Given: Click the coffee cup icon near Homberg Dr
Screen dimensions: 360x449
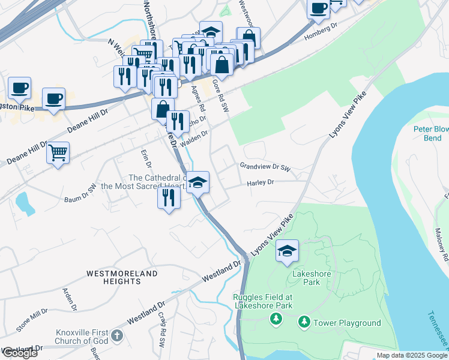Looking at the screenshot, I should (318, 8).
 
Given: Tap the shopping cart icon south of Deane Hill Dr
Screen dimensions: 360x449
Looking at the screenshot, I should (58, 154).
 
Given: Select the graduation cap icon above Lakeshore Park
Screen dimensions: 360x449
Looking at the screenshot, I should (288, 251).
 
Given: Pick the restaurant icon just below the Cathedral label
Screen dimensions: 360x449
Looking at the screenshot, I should (169, 197).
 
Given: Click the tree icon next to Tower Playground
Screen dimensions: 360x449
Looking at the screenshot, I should (304, 323).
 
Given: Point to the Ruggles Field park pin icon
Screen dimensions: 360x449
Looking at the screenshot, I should (276, 317).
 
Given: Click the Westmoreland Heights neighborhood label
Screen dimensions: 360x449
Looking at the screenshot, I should (122, 277).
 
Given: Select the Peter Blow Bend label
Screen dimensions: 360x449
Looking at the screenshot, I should (431, 133).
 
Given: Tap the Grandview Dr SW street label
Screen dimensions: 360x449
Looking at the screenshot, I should (265, 166).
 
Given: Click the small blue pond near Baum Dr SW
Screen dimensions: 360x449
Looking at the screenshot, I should (25, 204).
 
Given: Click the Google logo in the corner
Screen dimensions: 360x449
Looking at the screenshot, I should (19, 353).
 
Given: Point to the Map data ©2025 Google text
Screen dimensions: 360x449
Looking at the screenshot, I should (411, 355).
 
